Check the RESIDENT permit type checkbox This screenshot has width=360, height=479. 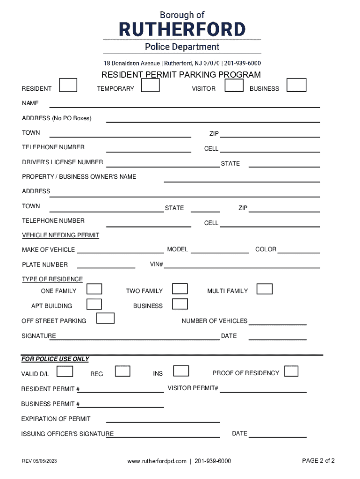coord(68,86)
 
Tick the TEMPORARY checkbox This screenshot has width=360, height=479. coord(151,86)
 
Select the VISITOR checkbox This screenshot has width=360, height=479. coord(234,86)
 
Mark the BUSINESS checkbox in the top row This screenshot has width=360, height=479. coord(296,86)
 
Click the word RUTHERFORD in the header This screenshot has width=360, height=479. coord(182,29)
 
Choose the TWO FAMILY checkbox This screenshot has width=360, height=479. coord(180,289)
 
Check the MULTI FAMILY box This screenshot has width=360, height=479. coord(265,289)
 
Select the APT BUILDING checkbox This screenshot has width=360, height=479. coord(94,304)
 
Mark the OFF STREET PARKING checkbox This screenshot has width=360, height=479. coord(105,319)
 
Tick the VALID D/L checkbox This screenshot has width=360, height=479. coord(65,371)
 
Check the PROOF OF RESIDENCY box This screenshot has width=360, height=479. coord(291,371)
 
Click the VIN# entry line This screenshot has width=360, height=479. coord(241,267)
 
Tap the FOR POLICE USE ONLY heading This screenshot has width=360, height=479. coord(55,359)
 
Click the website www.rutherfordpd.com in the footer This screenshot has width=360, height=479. coord(157,461)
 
